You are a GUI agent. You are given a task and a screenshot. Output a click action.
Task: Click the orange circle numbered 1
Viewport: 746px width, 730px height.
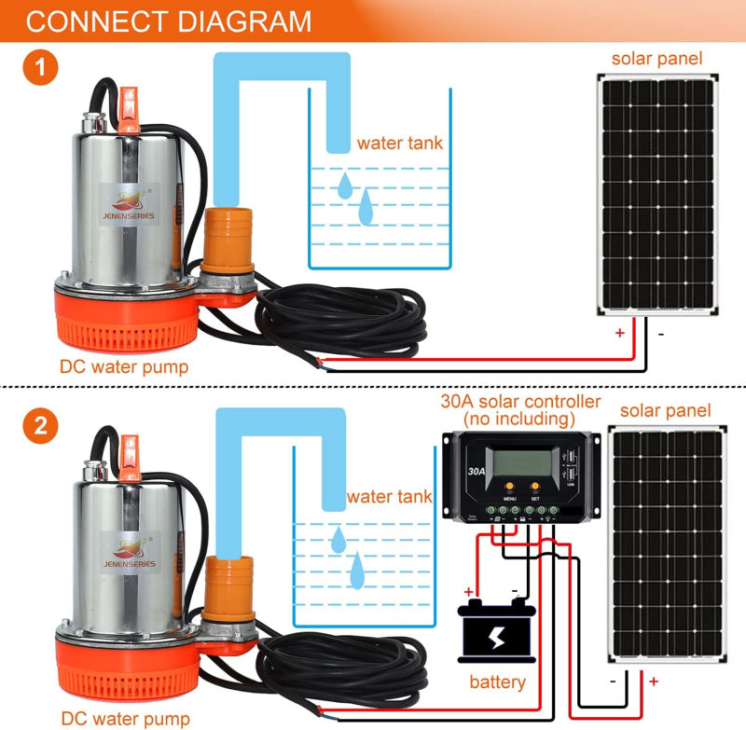tap(40, 68)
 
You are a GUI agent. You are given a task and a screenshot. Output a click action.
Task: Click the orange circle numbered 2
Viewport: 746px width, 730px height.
tap(40, 428)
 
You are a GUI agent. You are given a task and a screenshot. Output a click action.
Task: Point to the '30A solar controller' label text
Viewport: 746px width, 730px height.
tap(520, 402)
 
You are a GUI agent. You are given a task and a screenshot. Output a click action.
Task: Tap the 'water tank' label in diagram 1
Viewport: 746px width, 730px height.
tap(399, 144)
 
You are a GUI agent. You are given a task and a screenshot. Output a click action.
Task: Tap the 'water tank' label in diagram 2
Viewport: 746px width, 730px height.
tap(389, 496)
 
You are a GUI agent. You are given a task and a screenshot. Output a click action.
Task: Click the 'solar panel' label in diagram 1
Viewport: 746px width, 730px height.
tap(656, 60)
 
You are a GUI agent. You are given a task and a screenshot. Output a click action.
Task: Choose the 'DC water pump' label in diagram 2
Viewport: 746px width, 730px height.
tap(126, 719)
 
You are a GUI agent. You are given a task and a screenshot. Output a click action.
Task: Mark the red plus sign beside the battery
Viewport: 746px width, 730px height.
tap(470, 591)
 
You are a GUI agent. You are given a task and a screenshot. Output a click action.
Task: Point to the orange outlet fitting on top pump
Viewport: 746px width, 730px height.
tap(228, 233)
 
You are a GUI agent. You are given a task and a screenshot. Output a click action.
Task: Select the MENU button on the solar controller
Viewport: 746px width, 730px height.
tap(509, 488)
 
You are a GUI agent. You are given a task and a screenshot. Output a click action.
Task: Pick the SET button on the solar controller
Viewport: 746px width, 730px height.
tap(535, 488)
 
